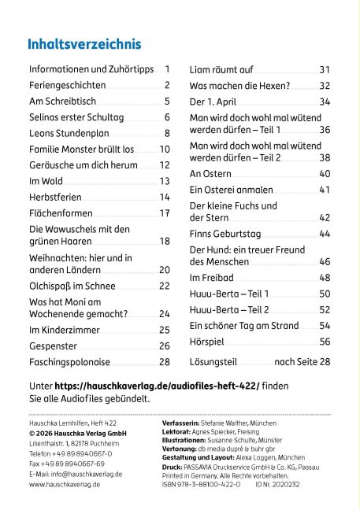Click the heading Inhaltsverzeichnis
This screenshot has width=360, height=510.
click(x=84, y=44)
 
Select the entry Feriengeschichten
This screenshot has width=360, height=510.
click(x=68, y=85)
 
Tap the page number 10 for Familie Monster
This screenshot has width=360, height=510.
click(x=165, y=150)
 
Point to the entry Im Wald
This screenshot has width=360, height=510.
click(x=46, y=181)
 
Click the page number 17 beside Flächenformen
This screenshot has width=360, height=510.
click(x=165, y=213)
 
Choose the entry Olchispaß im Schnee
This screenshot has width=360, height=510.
click(x=72, y=286)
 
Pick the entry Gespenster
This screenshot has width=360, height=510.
click(x=53, y=346)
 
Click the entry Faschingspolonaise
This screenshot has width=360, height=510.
click(x=69, y=362)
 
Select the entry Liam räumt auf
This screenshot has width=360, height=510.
click(x=221, y=69)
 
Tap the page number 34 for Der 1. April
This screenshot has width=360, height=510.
click(x=325, y=102)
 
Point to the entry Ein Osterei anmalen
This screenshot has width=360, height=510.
click(x=232, y=190)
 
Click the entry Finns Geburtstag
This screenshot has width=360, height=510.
click(x=225, y=234)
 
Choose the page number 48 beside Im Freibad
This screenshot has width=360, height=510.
click(x=325, y=278)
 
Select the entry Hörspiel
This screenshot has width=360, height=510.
click(x=206, y=342)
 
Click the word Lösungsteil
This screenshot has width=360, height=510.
click(x=213, y=362)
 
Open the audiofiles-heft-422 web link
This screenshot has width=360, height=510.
click(x=158, y=386)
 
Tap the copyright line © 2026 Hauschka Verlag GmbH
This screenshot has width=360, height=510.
click(x=78, y=434)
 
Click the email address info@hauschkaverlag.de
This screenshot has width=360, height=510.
click(x=87, y=475)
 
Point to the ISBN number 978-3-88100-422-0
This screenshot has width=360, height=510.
click(x=201, y=484)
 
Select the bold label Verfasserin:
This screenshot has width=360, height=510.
click(x=180, y=423)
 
